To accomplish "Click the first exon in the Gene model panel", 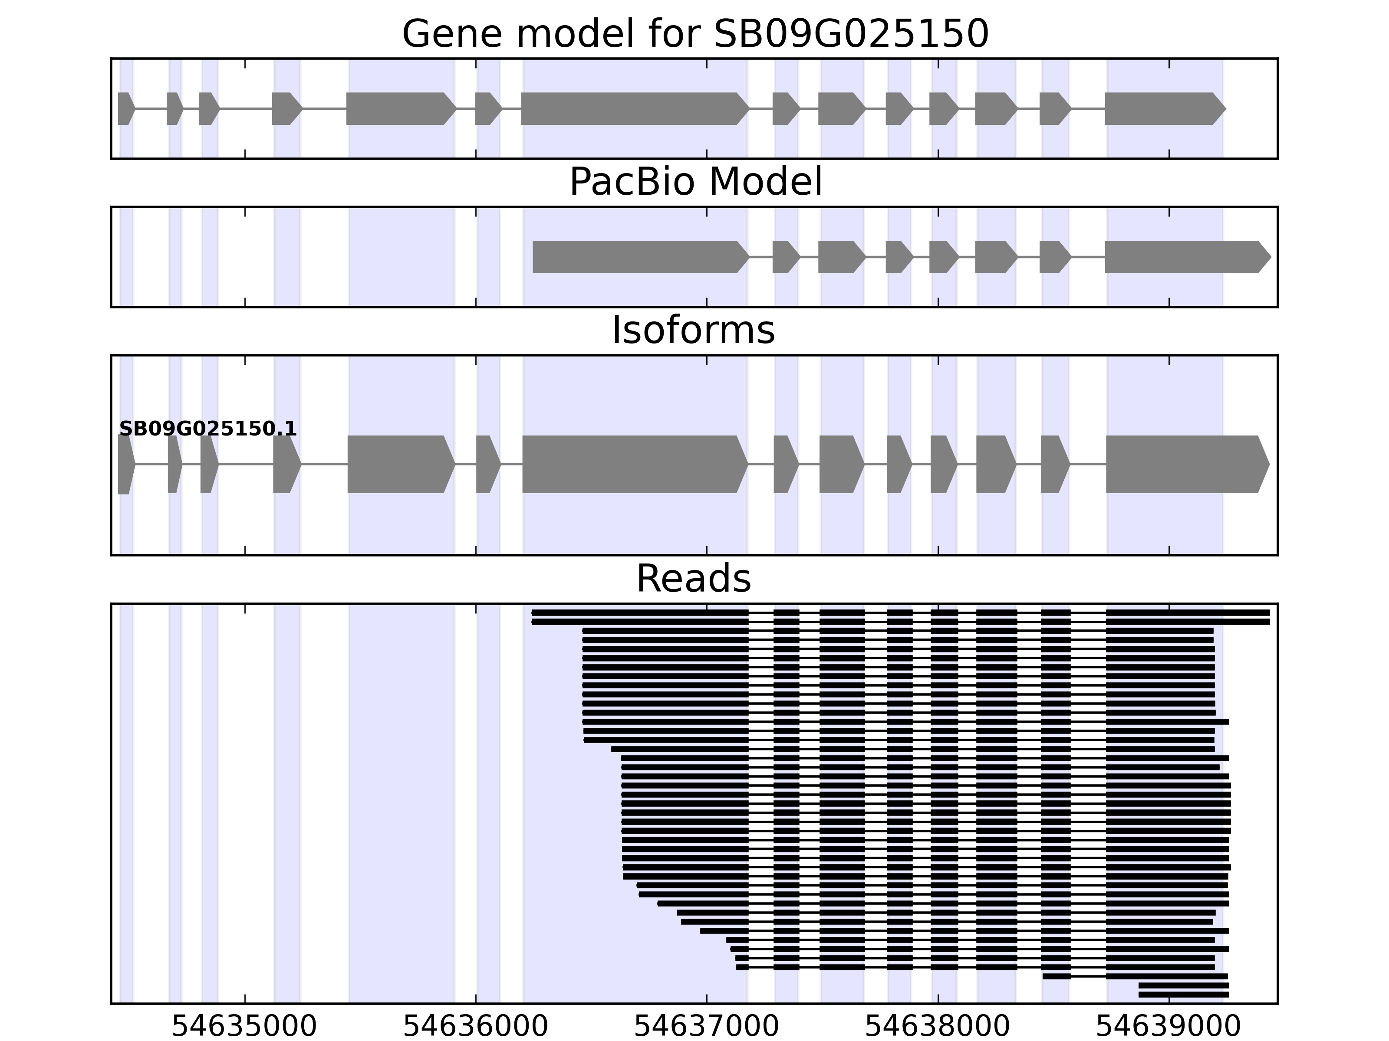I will tap(125, 108).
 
